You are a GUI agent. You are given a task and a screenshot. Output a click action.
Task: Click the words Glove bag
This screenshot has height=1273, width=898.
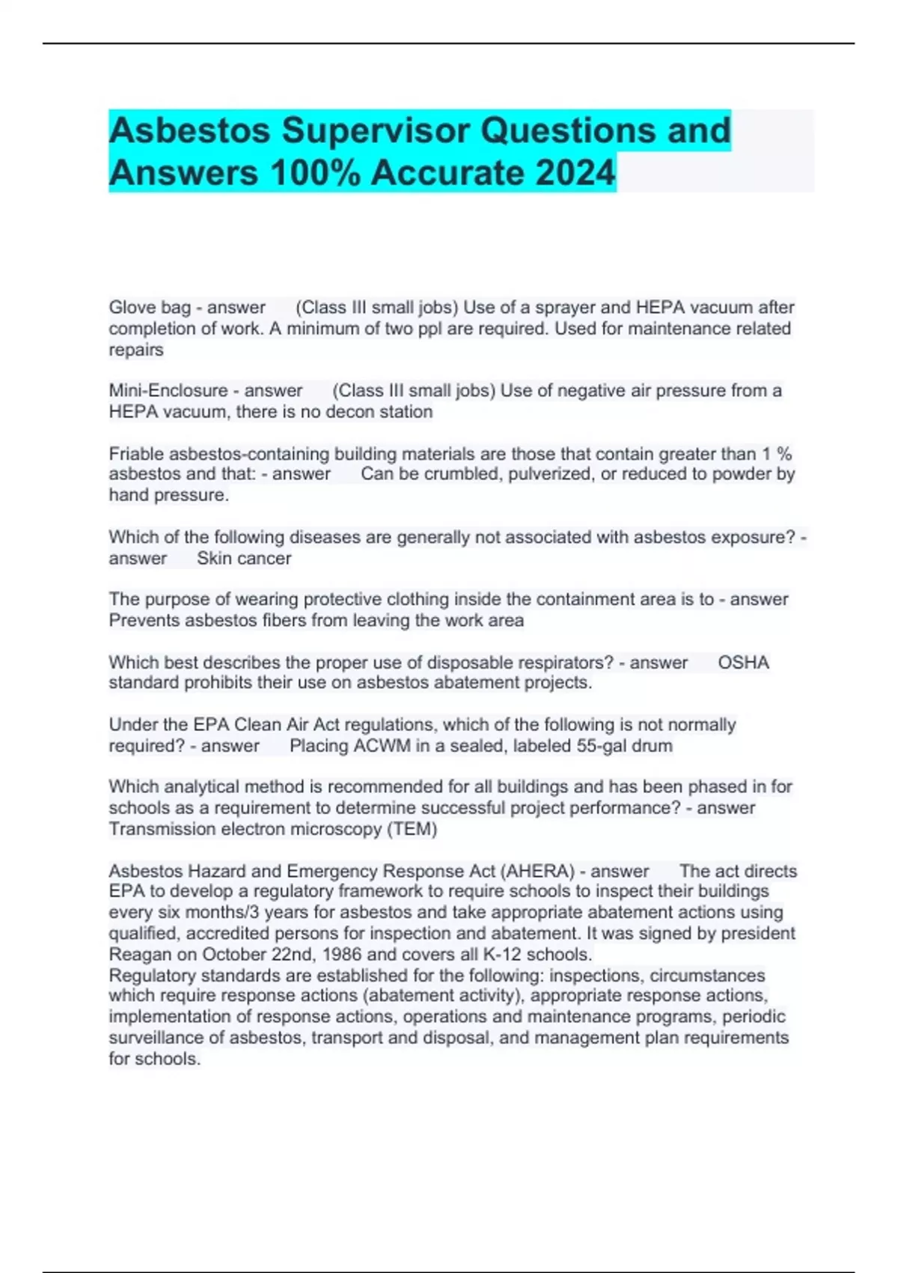[x=150, y=308]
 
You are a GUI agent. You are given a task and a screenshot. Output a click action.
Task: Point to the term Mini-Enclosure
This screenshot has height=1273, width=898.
[x=168, y=391]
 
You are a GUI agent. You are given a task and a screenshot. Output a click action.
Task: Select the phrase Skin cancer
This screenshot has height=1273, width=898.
[x=244, y=559]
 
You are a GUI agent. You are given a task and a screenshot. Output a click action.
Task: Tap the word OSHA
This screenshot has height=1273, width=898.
[x=743, y=663]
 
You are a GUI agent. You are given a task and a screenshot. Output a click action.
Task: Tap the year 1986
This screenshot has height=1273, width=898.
[x=342, y=955]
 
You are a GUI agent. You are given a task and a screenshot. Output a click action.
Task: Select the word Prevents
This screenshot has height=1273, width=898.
[x=144, y=621]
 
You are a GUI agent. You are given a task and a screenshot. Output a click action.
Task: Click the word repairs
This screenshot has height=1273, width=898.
[x=136, y=350]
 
